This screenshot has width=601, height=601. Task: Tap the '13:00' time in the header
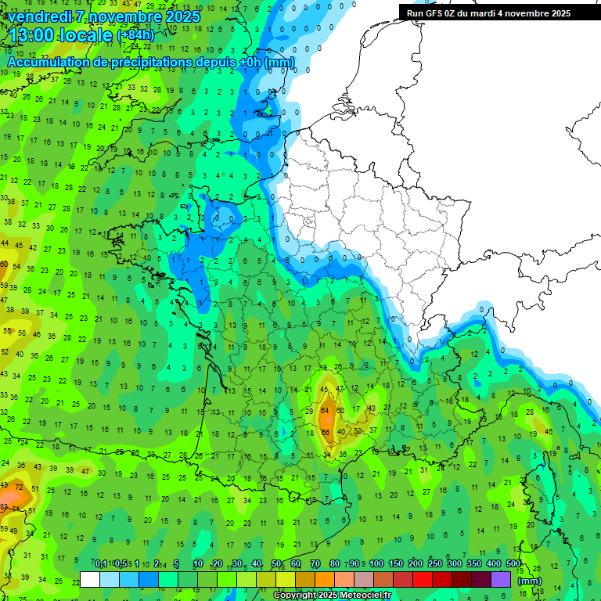(x=31, y=35)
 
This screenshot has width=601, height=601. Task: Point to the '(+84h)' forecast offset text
(x=135, y=36)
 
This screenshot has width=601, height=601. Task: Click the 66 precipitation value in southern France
(x=325, y=431)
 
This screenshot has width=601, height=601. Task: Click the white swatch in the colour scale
(x=90, y=580)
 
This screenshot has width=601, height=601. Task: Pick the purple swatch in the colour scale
(x=501, y=580)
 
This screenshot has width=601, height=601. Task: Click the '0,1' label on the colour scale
(x=101, y=564)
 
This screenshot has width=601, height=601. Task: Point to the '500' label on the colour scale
(x=513, y=564)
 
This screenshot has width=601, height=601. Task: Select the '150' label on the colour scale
(x=396, y=564)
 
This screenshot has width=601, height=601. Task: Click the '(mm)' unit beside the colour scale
(x=530, y=581)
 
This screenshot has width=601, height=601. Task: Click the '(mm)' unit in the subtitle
(x=279, y=62)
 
